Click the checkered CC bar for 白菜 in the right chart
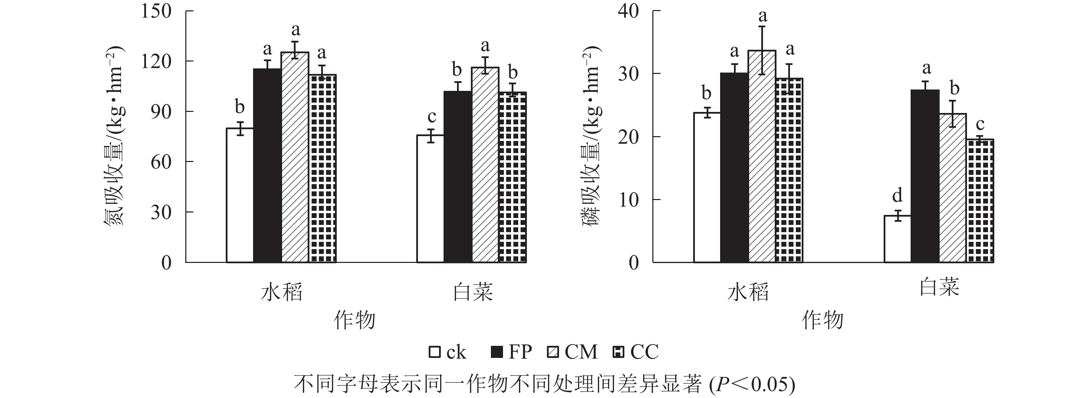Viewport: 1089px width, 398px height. coord(980,201)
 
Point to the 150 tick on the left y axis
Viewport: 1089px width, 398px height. coord(156,11)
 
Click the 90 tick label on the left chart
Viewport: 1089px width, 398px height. coord(161,112)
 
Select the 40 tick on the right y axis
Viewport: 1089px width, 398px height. coord(628,11)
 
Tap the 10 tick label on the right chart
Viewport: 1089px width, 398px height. coord(628,200)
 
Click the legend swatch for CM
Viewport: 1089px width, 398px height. coord(553,352)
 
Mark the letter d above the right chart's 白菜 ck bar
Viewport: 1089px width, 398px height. coord(897,196)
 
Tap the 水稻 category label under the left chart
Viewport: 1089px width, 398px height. coord(281,292)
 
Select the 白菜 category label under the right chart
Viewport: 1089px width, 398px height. coord(939,287)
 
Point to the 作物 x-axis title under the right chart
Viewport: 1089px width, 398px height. coord(823,320)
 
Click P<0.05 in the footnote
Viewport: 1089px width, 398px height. coord(753,385)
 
